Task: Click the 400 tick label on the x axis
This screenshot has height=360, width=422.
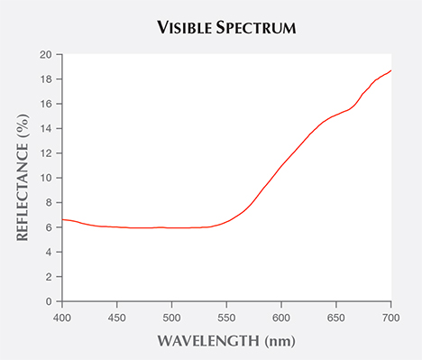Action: click(x=62, y=318)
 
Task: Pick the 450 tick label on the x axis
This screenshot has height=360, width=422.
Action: click(x=117, y=318)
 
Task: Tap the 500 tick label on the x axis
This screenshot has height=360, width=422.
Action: click(x=172, y=318)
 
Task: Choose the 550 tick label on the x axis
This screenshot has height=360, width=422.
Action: click(x=227, y=318)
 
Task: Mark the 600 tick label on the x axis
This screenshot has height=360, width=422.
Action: click(x=282, y=318)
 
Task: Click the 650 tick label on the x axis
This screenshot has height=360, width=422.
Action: click(x=337, y=318)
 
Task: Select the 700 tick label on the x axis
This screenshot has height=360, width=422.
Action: click(x=391, y=318)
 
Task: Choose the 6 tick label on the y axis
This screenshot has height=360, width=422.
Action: click(x=47, y=227)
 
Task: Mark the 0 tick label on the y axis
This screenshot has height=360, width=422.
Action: click(x=47, y=301)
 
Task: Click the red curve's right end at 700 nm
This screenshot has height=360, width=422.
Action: click(x=391, y=70)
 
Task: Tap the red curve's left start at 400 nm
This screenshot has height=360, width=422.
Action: click(x=62, y=220)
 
